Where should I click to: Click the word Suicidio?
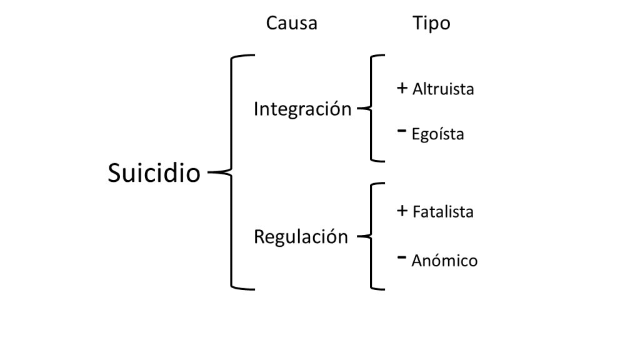point(154,173)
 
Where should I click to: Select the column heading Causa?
point(291,24)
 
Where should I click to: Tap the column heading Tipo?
point(431,24)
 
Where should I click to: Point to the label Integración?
point(302,109)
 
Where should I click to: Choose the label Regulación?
point(301,237)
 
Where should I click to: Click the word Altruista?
point(443,89)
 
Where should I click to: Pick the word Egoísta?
point(438,134)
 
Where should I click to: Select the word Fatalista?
point(443,212)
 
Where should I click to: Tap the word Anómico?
point(444,261)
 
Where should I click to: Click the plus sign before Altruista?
point(402,88)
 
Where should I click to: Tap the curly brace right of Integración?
point(372,109)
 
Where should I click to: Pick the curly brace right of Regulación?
point(372,237)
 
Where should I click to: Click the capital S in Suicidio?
point(115,173)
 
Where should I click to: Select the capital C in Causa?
point(272,24)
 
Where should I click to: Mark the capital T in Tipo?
point(417,24)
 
